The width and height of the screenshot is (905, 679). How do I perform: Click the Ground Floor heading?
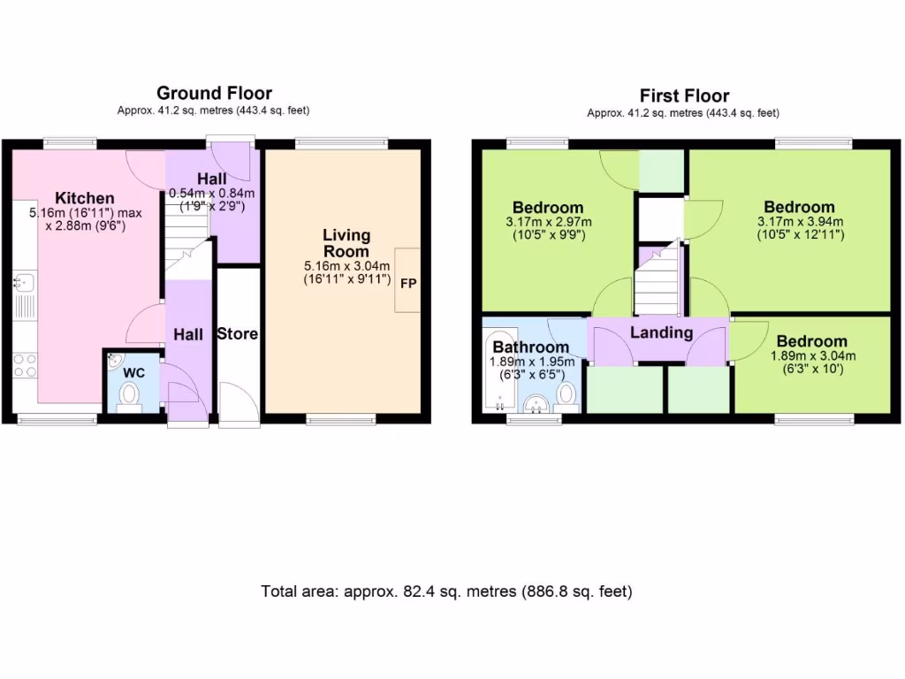[214, 93]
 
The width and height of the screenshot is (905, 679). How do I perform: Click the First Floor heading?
[684, 95]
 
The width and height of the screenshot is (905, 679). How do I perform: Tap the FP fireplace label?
[408, 284]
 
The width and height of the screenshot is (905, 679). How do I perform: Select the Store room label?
[238, 334]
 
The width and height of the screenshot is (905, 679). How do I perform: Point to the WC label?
[133, 373]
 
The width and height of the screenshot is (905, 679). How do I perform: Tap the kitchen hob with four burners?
[25, 365]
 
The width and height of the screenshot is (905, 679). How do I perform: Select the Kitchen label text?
[85, 198]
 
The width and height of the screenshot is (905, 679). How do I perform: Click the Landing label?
[661, 332]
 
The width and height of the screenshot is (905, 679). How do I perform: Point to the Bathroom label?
[530, 347]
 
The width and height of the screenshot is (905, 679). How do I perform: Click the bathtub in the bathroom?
[491, 370]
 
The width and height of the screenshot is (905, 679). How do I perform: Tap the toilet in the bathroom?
[567, 397]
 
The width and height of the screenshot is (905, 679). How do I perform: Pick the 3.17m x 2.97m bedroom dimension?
[549, 222]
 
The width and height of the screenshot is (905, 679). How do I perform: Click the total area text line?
[446, 591]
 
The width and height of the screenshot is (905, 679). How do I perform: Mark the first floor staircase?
[657, 278]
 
